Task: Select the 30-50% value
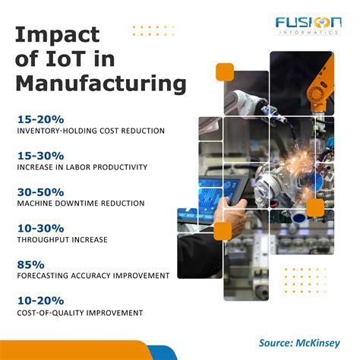tap(40, 191)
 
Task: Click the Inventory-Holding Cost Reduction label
tap(90, 131)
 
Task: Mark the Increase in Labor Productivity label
tap(81, 167)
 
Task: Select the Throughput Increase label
tap(62, 240)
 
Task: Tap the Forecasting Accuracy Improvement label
tap(93, 276)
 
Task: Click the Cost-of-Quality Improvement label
tap(79, 313)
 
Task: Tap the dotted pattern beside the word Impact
tap(149, 30)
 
